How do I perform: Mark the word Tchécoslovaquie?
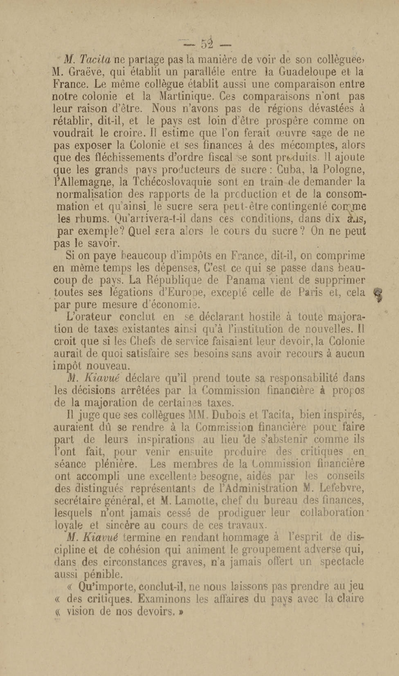pyautogui.click(x=172, y=182)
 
